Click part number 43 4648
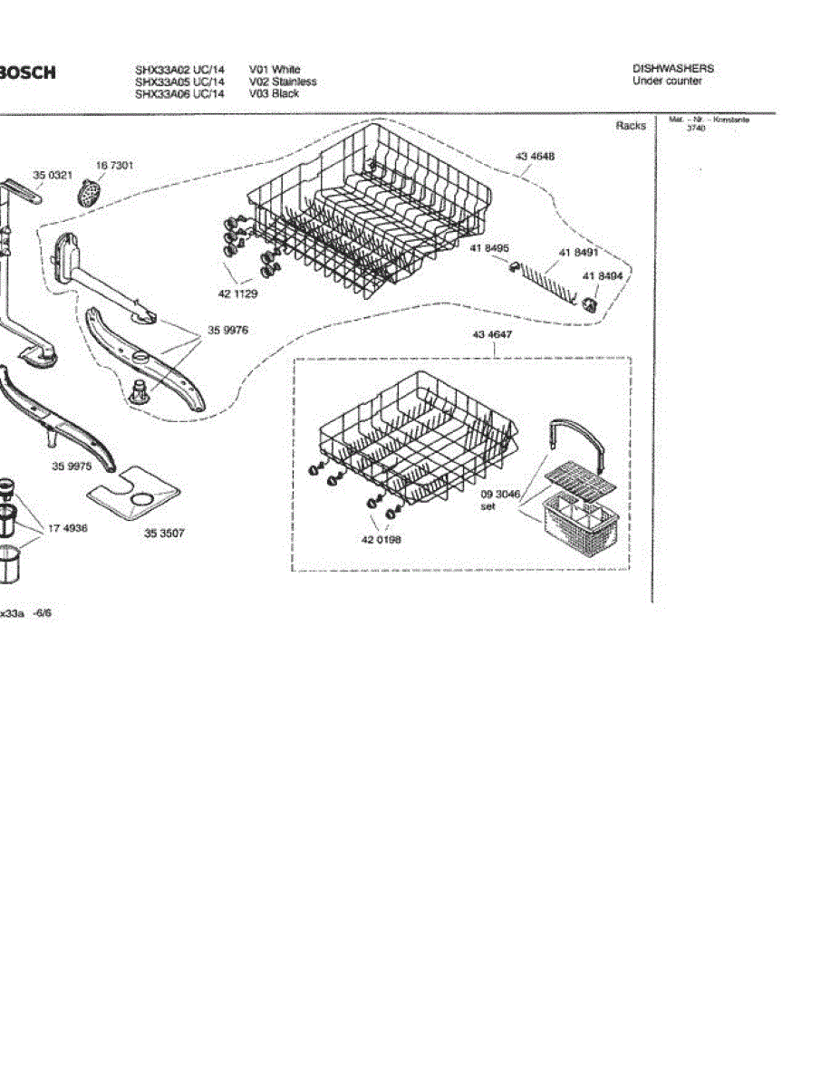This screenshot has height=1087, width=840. [535, 157]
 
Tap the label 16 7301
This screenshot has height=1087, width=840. [115, 165]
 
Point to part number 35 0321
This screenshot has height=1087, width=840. [52, 174]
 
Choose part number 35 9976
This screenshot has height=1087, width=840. [227, 331]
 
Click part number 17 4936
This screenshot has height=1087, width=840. [68, 528]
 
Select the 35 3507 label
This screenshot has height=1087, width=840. [164, 534]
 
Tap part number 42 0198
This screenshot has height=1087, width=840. [381, 539]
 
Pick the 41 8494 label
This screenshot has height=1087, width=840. [603, 276]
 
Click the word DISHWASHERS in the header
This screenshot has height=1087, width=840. [672, 69]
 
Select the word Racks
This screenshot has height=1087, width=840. [631, 125]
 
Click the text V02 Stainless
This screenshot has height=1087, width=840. [283, 82]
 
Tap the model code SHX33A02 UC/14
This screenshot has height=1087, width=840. [179, 70]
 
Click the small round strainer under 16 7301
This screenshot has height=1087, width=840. [88, 191]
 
